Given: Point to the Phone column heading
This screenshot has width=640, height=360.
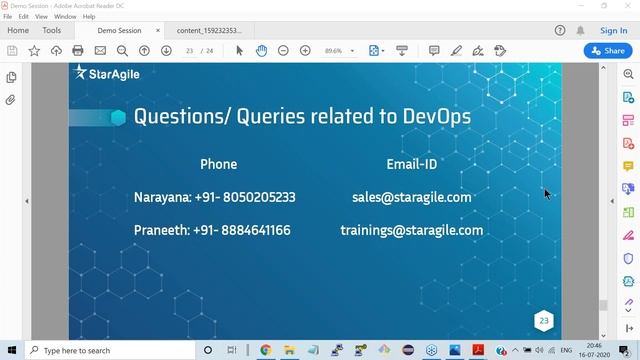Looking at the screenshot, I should click(218, 164).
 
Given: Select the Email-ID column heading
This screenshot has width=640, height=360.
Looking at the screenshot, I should click(412, 164).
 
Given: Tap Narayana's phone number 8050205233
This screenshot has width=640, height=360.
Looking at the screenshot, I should click(258, 197).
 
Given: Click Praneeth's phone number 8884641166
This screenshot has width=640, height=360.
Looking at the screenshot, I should click(254, 230).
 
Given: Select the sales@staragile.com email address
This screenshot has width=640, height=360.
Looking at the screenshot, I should click(411, 197).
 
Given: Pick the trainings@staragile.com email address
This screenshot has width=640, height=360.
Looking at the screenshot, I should click(411, 230).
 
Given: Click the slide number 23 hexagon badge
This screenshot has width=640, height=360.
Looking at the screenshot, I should click(544, 321).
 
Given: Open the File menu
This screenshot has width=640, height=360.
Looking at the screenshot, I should click(8, 17).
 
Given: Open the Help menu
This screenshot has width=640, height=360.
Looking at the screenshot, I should click(90, 17).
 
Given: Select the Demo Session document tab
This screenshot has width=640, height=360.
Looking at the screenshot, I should click(119, 31).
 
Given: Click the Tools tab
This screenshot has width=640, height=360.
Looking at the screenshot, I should click(51, 31).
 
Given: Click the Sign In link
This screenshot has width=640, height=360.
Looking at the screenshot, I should click(613, 31).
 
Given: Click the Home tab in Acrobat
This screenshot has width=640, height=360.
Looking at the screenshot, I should click(17, 31).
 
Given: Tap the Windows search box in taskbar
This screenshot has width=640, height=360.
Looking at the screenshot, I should click(110, 351).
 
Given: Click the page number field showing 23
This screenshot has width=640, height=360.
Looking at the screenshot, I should click(189, 50).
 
